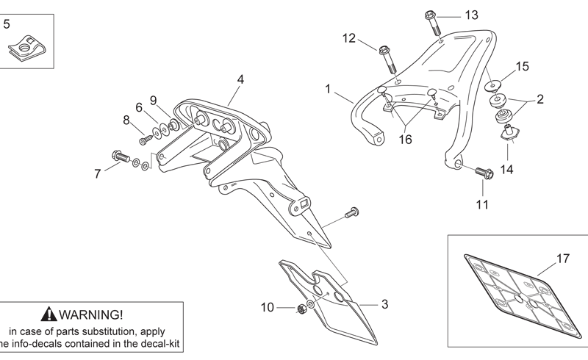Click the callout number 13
(471, 15)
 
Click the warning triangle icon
(49, 314)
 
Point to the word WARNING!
(91, 314)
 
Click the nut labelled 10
(301, 309)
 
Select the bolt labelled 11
(484, 173)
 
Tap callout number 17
(563, 259)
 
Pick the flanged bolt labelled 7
(121, 156)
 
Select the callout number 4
(240, 79)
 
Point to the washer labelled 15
(492, 85)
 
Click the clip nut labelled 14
(509, 133)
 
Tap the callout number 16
(405, 140)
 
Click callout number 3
(384, 304)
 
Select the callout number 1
(328, 89)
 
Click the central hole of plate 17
(519, 299)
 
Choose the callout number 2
(540, 99)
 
